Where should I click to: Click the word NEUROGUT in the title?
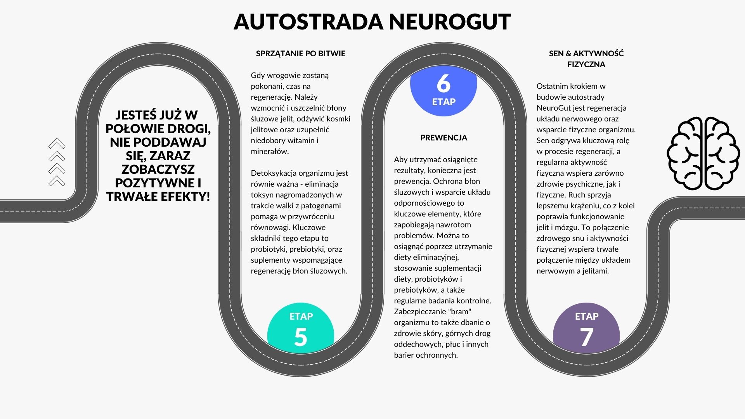coord(450,22)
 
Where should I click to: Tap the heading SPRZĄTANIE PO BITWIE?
coord(300,54)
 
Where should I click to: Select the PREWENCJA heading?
coord(444,138)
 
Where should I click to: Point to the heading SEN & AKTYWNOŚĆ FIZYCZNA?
coord(586,59)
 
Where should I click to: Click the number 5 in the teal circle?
coord(301,337)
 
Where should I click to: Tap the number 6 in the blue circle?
coord(444,83)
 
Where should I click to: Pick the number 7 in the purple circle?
coord(586,337)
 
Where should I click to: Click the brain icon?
coord(703,154)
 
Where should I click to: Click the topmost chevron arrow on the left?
coord(57,144)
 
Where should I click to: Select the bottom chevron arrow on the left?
coord(57,181)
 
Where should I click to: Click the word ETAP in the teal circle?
coord(301,316)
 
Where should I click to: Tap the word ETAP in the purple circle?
coord(586,316)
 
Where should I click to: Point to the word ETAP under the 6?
coord(444,102)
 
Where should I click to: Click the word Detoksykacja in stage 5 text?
coord(274,173)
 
